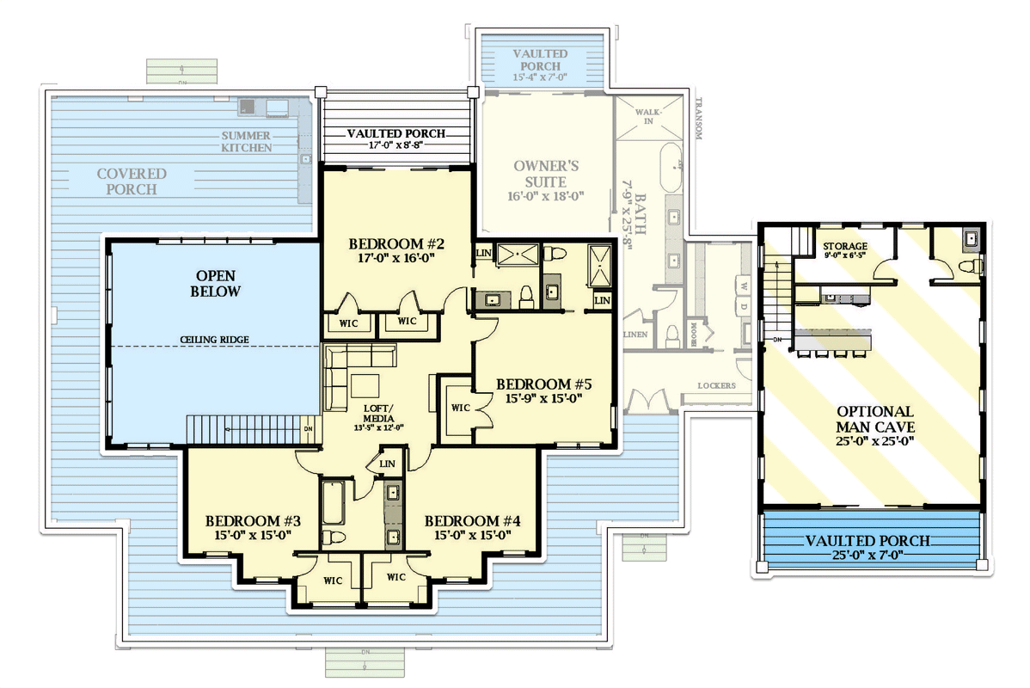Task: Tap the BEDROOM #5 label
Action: coord(546,384)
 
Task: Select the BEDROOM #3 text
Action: coord(253,521)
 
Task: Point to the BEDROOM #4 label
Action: coord(473,521)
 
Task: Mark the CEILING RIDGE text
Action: coord(215,340)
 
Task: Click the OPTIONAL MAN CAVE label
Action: coord(874,420)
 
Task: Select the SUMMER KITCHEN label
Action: coord(246,142)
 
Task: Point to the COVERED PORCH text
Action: coord(132,181)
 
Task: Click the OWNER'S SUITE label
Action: coord(539,174)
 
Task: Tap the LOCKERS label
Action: coord(717,385)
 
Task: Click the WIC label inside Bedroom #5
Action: coord(460,408)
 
